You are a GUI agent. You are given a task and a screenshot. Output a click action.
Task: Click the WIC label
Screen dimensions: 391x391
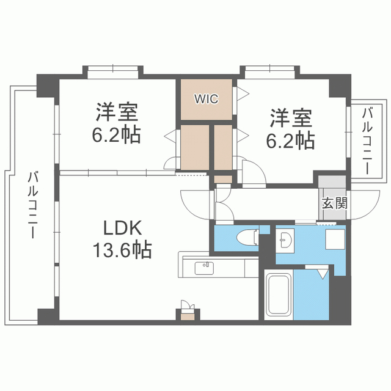coord(206,99)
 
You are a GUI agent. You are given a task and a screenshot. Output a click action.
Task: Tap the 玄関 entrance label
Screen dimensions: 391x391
coord(334,203)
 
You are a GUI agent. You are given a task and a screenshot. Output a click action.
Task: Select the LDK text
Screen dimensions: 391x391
coord(122,227)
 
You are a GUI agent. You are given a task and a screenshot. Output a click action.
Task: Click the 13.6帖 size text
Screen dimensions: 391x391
coord(122,249)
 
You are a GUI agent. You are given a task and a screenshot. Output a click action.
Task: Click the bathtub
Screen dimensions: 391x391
coord(279,294)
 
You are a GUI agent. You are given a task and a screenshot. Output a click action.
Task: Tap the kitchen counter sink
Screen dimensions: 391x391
coord(204,268)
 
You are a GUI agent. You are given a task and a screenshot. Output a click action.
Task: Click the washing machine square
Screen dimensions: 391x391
coord(335,239)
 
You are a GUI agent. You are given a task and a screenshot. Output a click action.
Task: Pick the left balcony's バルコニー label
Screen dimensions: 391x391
coord(32,205)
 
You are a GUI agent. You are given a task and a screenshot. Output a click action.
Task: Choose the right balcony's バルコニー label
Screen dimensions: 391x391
coord(367,141)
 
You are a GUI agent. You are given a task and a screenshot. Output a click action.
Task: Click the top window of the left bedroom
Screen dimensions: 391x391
coord(113,72)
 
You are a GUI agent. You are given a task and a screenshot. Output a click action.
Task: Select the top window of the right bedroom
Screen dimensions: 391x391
coord(270,72)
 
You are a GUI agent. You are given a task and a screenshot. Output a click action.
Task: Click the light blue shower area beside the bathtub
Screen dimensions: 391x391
coord(312,294)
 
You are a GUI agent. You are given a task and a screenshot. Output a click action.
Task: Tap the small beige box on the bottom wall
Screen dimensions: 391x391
coord(188,317)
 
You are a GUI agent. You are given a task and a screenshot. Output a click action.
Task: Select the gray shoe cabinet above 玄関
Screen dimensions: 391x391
coord(332,182)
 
